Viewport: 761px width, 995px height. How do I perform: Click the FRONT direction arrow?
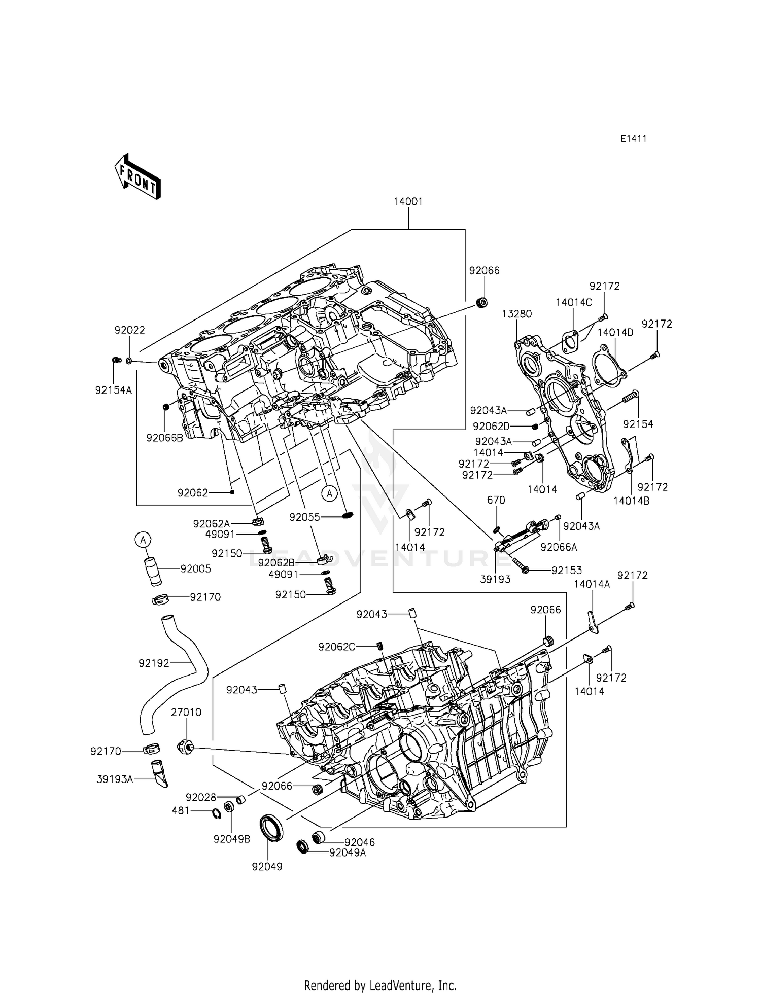tap(137, 176)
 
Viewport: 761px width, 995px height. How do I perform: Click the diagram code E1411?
tap(634, 139)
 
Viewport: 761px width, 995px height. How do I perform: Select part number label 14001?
tap(408, 201)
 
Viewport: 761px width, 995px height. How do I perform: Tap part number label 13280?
tap(517, 314)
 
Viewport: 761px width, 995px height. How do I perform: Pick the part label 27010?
tap(186, 712)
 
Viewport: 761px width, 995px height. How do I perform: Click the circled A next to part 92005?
tap(143, 539)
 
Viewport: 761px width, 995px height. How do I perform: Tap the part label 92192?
tap(154, 663)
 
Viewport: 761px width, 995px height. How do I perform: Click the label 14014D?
tap(615, 333)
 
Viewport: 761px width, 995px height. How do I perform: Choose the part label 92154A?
tap(113, 390)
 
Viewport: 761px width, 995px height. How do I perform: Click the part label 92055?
tap(304, 517)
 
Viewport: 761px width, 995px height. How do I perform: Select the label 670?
tap(496, 500)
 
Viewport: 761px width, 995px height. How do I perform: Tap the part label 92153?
tap(567, 571)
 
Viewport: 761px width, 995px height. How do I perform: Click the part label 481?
tap(181, 811)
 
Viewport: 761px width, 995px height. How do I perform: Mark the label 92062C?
tap(336, 647)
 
